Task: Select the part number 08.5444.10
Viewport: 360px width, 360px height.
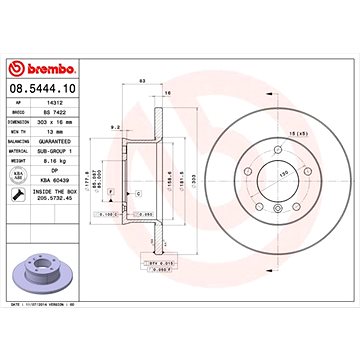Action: point(50,90)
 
